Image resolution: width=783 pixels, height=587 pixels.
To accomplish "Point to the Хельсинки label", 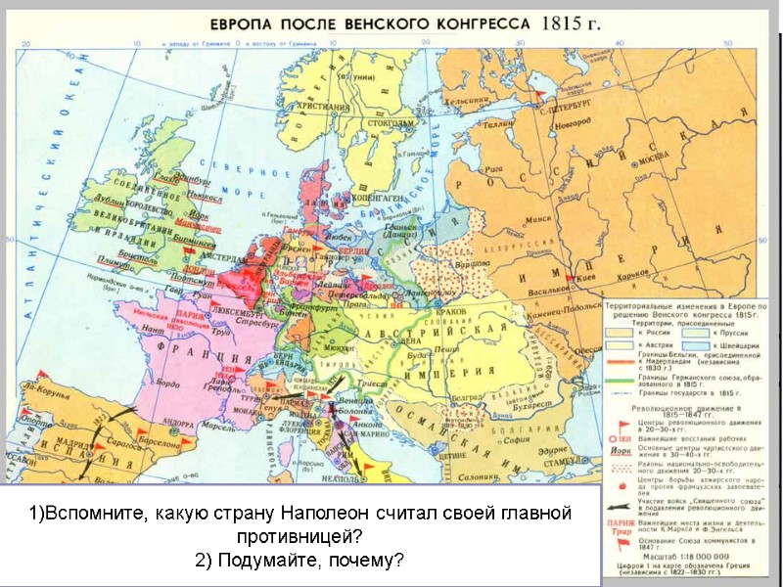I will click(x=467, y=99).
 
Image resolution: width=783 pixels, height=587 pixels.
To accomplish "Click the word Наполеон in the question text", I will click(x=314, y=514).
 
